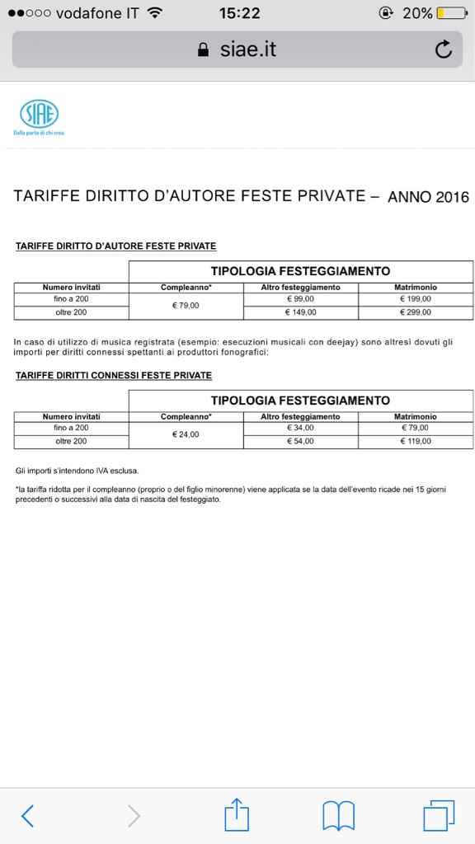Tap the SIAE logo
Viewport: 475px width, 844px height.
[x=39, y=114]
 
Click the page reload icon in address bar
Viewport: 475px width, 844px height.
[x=443, y=50]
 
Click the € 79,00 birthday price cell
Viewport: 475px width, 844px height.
[x=186, y=306]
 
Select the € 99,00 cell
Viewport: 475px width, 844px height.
[x=300, y=298]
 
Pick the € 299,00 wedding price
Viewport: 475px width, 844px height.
[x=416, y=313]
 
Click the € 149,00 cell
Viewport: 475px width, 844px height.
[x=300, y=313]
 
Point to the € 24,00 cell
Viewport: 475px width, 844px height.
[x=186, y=434]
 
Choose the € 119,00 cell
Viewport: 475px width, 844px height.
[x=416, y=442]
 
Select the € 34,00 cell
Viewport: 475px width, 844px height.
[x=300, y=428]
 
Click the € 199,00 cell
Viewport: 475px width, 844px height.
[x=416, y=298]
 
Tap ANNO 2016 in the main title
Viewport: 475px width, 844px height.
[x=428, y=197]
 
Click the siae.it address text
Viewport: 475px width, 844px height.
[x=247, y=50]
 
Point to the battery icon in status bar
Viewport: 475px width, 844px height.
[x=452, y=13]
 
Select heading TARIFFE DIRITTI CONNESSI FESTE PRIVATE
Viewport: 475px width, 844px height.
[x=114, y=375]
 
